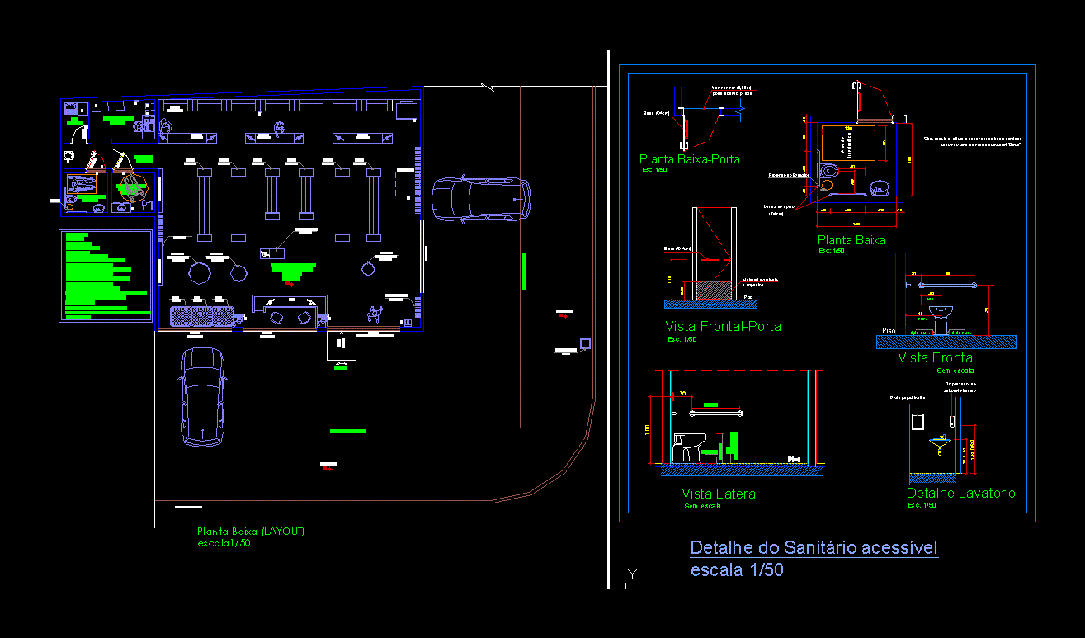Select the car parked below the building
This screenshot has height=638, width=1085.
click(x=202, y=397)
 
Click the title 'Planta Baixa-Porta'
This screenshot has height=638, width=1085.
click(x=689, y=158)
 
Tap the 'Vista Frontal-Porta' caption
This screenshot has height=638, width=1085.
click(x=723, y=326)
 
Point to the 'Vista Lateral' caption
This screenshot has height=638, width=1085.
click(x=719, y=494)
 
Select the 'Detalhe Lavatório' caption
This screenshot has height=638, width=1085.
click(x=960, y=493)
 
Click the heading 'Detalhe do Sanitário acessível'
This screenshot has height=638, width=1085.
click(x=814, y=547)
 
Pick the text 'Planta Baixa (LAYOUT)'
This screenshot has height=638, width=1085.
click(x=251, y=532)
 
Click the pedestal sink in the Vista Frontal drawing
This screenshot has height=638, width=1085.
click(x=941, y=314)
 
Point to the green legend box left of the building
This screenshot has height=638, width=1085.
click(x=106, y=276)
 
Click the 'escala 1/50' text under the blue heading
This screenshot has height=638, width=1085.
click(x=737, y=569)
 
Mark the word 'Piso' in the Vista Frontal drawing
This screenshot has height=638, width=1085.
click(x=889, y=330)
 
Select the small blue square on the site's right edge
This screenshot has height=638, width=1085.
click(x=585, y=343)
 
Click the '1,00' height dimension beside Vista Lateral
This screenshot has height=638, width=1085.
click(x=648, y=429)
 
